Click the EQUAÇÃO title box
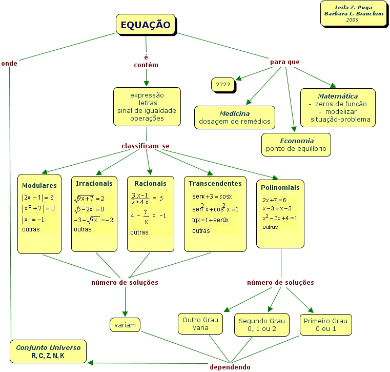pyautogui.click(x=146, y=24)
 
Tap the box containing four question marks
pyautogui.click(x=223, y=85)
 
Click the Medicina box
pyautogui.click(x=235, y=118)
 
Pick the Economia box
pyautogui.click(x=296, y=145)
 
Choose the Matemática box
pyautogui.click(x=338, y=108)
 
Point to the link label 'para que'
pyautogui.click(x=285, y=62)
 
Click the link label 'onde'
pyautogui.click(x=9, y=64)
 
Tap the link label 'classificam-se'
pyautogui.click(x=146, y=146)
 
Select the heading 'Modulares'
pyautogui.click(x=39, y=185)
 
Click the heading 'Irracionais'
pyautogui.click(x=94, y=183)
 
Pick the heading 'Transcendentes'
pyautogui.click(x=215, y=183)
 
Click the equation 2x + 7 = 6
pyautogui.click(x=274, y=200)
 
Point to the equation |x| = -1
pyautogui.click(x=33, y=220)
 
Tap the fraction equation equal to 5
pyautogui.click(x=147, y=198)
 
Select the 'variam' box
pyautogui.click(x=125, y=324)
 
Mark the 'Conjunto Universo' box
pyautogui.click(x=48, y=351)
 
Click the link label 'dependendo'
pyautogui.click(x=230, y=367)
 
